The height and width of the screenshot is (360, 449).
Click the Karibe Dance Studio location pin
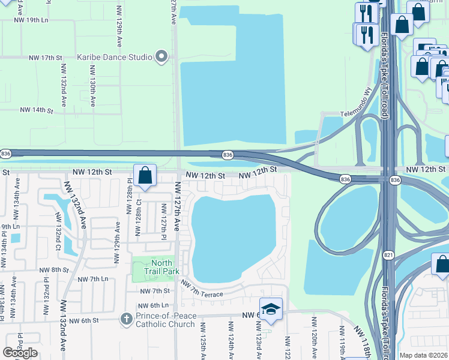[161, 57]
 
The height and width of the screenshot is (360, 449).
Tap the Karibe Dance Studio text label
[114, 58]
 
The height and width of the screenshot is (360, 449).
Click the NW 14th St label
[37, 110]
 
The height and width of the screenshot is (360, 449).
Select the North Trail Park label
[161, 266]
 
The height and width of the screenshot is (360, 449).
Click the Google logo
[20, 353]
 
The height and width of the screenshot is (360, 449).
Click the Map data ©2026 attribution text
[423, 355]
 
